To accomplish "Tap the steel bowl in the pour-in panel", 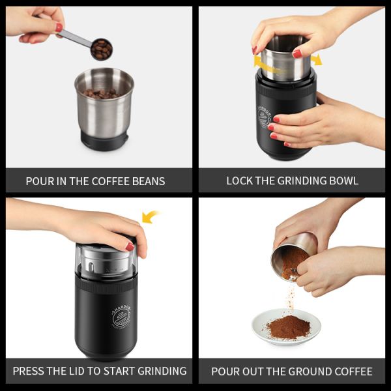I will (x=104, y=104).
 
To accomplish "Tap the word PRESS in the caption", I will (x=28, y=371).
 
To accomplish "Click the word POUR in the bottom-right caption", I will (x=225, y=371).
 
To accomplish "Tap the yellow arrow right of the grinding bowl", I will (x=316, y=60).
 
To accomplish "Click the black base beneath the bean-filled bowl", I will (x=104, y=138).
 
